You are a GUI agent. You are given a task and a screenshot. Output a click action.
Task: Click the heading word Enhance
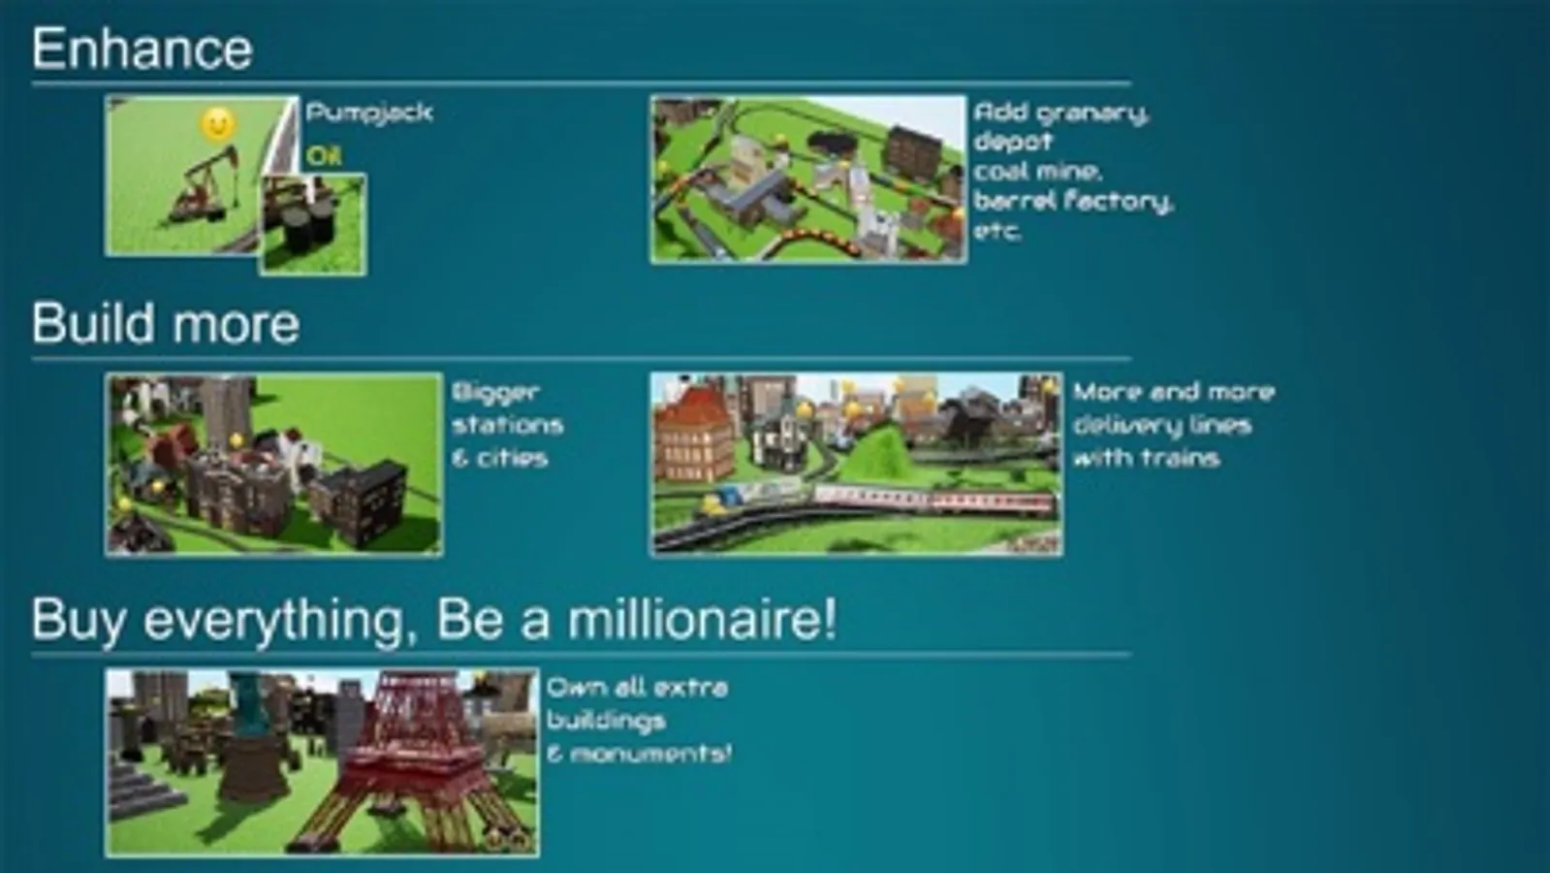(x=142, y=48)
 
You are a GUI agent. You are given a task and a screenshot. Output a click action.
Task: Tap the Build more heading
(x=165, y=324)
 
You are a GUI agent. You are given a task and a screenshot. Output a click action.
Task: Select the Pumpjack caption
(x=369, y=113)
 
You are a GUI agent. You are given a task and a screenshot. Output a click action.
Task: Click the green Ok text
(x=324, y=156)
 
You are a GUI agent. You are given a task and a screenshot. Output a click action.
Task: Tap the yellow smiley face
(x=218, y=123)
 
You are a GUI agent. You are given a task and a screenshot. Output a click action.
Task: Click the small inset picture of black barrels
(x=313, y=225)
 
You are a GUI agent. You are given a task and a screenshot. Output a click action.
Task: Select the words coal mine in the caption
(x=1037, y=172)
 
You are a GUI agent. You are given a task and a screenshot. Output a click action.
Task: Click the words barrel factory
(x=1073, y=202)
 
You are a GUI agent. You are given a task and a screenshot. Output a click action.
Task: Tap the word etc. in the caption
(x=997, y=232)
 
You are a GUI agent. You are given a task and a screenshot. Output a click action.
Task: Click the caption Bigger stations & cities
(x=506, y=425)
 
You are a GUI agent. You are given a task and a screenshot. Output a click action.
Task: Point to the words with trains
(x=1146, y=458)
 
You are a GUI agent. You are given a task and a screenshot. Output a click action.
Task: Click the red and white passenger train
(x=931, y=501)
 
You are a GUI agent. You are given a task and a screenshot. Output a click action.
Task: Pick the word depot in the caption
(x=1012, y=142)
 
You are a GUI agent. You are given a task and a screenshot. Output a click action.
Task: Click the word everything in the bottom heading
(x=272, y=619)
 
